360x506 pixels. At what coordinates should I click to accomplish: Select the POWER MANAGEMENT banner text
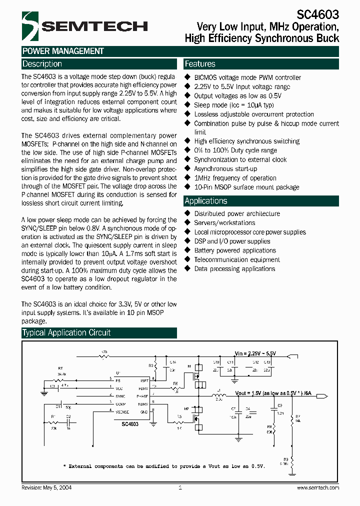pos(63,51)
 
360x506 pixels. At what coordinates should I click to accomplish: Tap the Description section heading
pos(42,64)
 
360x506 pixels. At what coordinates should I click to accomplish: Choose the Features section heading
pos(200,64)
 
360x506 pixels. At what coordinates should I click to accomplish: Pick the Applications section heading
pos(206,201)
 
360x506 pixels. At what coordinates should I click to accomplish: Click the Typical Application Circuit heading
pos(66,332)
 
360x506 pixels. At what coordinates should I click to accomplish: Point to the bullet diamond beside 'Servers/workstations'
pos(188,222)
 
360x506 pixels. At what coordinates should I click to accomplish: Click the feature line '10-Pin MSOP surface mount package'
pos(246,187)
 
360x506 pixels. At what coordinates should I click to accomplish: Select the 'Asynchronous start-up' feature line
pos(225,169)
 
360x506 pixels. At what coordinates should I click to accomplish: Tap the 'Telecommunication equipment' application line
pos(237,259)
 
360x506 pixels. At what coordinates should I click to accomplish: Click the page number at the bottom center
pos(180,487)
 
